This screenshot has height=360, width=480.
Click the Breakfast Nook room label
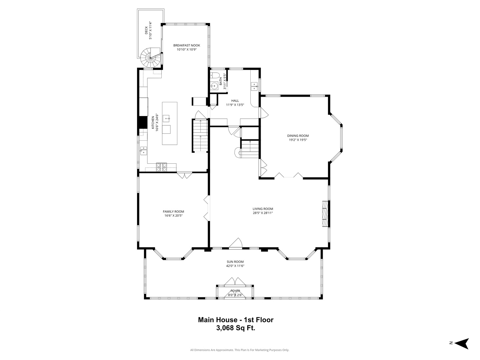pyautogui.click(x=187, y=45)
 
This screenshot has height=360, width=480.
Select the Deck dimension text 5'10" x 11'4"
pyautogui.click(x=150, y=31)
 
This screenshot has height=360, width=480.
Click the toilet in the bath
pyautogui.click(x=215, y=75)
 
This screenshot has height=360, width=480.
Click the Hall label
pyautogui.click(x=235, y=101)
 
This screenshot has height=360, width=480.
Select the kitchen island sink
pyautogui.click(x=167, y=118)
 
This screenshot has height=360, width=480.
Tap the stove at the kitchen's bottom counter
pyautogui.click(x=161, y=167)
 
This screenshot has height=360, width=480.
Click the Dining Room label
pyautogui.click(x=298, y=136)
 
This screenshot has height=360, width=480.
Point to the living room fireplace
pyautogui.click(x=325, y=214)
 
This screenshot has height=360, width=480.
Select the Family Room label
pyautogui.click(x=173, y=211)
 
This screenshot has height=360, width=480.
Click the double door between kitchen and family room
pyautogui.click(x=184, y=175)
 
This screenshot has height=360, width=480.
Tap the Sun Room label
pyautogui.click(x=235, y=262)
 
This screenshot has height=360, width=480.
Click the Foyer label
pyautogui.click(x=235, y=291)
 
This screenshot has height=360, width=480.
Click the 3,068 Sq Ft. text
pyautogui.click(x=236, y=328)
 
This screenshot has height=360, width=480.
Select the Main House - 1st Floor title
pyautogui.click(x=236, y=320)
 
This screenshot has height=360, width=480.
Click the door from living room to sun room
pyautogui.click(x=236, y=244)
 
